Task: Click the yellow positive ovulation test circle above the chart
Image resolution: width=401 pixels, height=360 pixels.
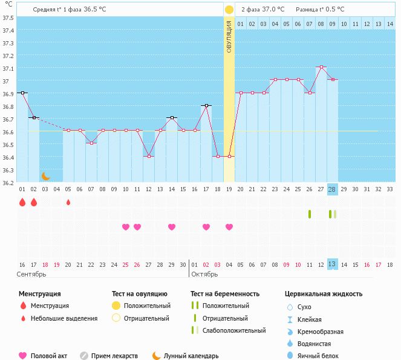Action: pos(229,10)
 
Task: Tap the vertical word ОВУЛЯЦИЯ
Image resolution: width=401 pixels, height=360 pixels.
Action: pos(229,36)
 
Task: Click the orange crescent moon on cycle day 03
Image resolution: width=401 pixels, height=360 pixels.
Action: pos(45,176)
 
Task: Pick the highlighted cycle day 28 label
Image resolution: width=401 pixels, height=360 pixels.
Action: pos(332,189)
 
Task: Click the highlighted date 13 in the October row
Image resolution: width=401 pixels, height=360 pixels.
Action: pos(332,264)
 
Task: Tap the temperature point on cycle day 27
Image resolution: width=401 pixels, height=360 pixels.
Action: pos(321,67)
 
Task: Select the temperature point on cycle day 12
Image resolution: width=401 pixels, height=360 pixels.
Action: pos(149,156)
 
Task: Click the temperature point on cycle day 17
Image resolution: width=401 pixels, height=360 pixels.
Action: pos(206,105)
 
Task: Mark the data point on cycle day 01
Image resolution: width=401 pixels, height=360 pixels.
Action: pos(22,93)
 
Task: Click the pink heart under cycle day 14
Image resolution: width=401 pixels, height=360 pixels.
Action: pos(172,227)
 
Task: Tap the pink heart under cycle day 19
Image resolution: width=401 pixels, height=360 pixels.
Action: pos(229,227)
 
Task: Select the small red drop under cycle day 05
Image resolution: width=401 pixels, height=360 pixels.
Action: pos(68,202)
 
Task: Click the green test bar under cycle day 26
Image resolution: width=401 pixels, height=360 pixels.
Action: pos(310,214)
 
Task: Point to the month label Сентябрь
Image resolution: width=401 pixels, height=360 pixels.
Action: pos(31,275)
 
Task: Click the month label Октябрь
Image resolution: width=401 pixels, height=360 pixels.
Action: pos(205,275)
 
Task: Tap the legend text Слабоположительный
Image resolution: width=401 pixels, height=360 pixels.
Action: pos(234,330)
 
